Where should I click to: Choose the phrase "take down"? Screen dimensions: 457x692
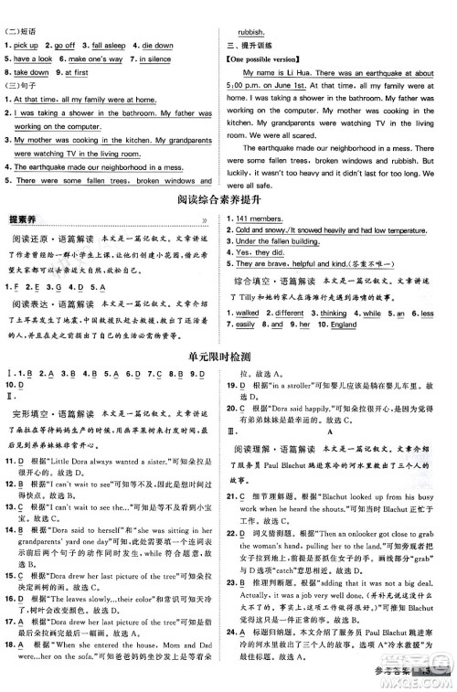pos(32,72)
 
